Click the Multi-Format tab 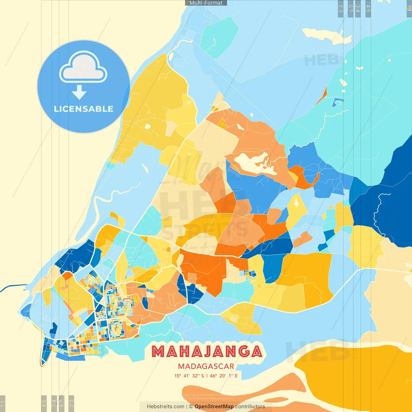point(206,3)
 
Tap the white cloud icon point(83,68)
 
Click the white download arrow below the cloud point(79,93)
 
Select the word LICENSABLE point(83,109)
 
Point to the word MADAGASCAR point(206,366)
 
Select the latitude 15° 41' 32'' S point(189,376)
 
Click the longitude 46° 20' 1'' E point(224,376)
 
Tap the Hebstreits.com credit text point(165,407)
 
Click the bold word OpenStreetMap point(214,407)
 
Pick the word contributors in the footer point(250,407)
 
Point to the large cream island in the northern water point(327,35)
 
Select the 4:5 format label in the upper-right point(368,9)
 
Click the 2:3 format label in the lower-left point(71,402)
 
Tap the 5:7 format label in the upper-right point(350,9)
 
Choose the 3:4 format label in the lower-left point(54,402)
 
